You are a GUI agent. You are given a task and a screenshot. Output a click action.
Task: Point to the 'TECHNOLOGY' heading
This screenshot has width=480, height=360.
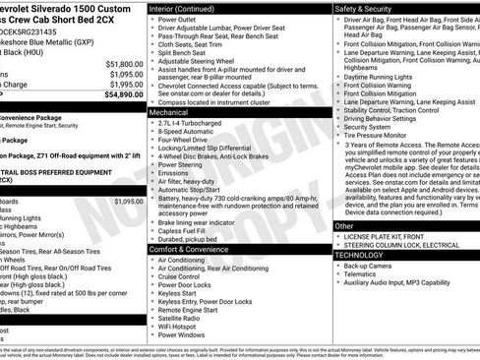(360, 254)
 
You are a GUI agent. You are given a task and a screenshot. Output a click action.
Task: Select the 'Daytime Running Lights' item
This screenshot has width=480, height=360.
(387, 76)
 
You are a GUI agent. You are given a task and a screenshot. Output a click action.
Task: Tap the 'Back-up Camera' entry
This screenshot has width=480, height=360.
(371, 265)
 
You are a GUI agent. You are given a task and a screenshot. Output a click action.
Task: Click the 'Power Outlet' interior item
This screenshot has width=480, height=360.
(182, 20)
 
